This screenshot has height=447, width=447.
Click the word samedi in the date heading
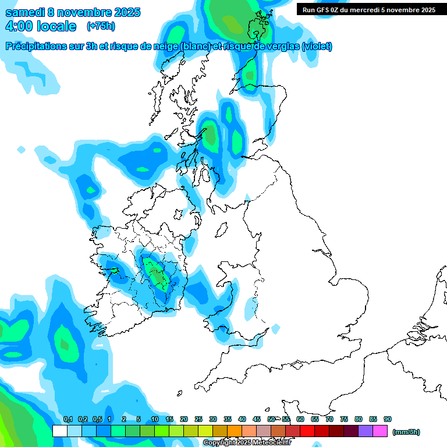27,12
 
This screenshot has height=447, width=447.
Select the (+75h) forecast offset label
100,26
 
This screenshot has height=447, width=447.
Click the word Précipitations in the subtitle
41,47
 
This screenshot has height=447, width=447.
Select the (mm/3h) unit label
406,432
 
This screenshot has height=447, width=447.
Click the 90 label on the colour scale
388,419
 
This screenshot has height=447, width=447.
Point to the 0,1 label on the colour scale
68,419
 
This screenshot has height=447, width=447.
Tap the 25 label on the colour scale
198,419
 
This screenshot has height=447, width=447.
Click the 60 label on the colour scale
300,419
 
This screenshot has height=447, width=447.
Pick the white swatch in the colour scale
60,431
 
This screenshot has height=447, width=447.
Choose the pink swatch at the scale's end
380,431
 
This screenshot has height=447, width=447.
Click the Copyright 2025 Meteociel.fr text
247,443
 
